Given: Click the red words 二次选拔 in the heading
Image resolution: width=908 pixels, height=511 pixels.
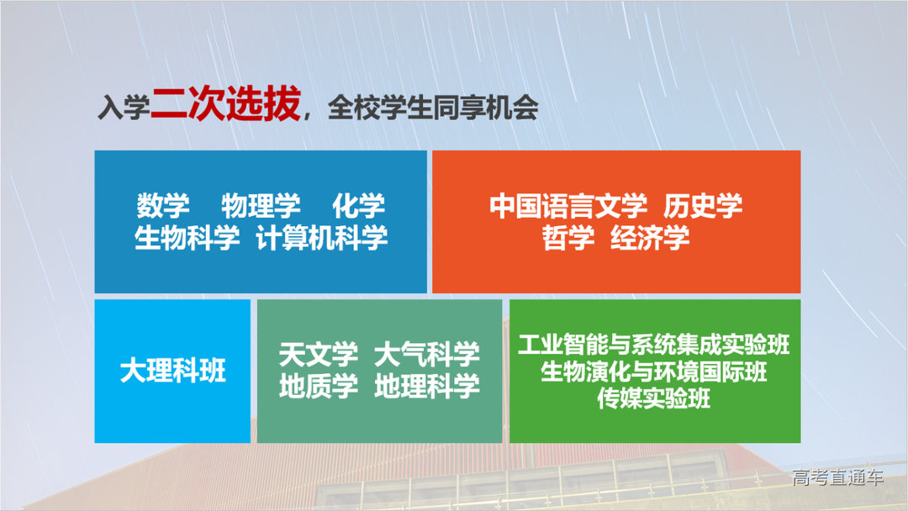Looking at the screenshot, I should click(224, 108).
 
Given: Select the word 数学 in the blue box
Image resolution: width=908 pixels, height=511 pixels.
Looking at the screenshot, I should click(163, 207).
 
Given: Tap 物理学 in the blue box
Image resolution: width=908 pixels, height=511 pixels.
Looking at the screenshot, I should click(261, 207).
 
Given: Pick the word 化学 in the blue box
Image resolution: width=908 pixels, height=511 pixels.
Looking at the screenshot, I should click(358, 207).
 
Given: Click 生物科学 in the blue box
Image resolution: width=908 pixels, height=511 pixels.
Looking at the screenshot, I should click(187, 238).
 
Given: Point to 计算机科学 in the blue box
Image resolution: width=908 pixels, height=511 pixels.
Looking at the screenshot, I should click(322, 238).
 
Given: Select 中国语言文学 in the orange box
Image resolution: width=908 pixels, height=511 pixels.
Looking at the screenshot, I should click(568, 207).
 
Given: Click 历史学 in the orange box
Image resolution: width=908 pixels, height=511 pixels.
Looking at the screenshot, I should click(703, 207).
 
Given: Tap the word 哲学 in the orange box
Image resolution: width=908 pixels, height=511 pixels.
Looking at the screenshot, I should click(567, 238).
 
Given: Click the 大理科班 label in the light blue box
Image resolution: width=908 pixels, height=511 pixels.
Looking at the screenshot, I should click(172, 371).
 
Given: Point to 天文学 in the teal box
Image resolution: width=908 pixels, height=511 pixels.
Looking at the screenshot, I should click(318, 354).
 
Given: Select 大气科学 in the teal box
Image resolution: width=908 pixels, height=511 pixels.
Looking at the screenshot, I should click(427, 354).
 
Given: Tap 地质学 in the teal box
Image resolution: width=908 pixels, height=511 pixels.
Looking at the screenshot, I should click(318, 386).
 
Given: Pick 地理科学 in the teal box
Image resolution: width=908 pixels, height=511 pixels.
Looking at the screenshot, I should click(427, 386).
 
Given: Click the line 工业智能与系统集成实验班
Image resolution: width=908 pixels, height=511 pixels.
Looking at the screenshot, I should click(654, 345).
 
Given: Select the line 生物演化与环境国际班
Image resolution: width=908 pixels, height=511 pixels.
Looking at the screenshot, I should click(654, 372).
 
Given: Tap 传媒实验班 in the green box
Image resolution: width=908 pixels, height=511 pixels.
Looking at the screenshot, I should click(654, 398).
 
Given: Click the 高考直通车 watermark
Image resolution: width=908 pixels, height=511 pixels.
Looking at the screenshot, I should click(838, 478).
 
